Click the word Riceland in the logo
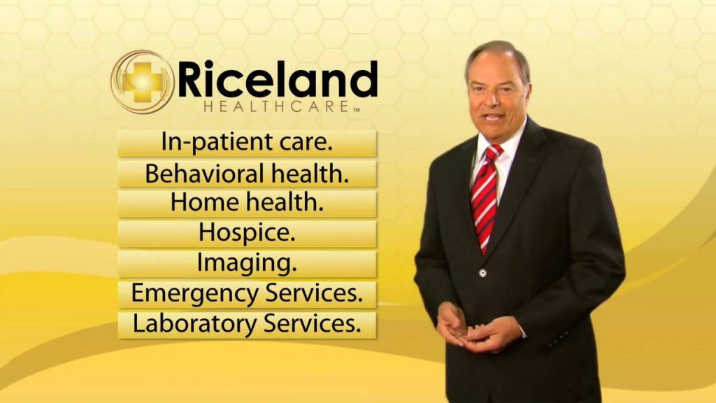click(x=278, y=79)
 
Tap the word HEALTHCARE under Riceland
click(x=277, y=107)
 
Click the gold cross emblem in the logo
click(x=143, y=81)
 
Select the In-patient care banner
click(x=247, y=143)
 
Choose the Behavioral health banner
click(x=247, y=174)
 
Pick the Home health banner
click(x=247, y=204)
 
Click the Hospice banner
click(x=247, y=234)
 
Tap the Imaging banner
click(x=247, y=264)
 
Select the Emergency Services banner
click(x=247, y=295)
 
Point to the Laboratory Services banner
click(x=247, y=325)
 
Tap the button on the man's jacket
click(x=482, y=274)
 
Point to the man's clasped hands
click(x=477, y=328)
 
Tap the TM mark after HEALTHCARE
click(x=356, y=109)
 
